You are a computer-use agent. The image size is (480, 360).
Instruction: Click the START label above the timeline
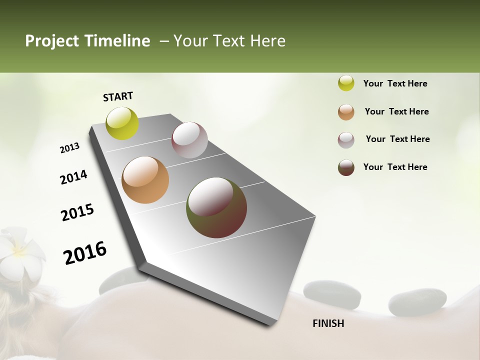[x=118, y=96]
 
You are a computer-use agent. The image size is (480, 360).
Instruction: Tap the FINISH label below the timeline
[x=328, y=323]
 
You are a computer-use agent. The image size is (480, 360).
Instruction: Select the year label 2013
[x=70, y=148]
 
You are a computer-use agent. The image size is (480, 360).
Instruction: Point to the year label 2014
[x=74, y=177]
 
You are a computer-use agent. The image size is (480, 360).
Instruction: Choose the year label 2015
[x=77, y=212]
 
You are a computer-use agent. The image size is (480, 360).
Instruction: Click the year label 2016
[x=85, y=253]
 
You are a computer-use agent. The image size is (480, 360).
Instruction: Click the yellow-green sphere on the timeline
[x=122, y=123]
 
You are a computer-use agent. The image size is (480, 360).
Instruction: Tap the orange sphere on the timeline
[x=145, y=180]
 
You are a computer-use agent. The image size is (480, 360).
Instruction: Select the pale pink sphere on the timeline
[x=189, y=140]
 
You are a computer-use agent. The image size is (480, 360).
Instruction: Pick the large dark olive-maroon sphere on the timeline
[x=216, y=207]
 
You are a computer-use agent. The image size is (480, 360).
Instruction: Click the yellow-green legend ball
[x=346, y=83]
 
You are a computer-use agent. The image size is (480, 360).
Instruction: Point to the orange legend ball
[x=346, y=112]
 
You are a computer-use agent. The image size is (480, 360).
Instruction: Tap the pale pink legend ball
[x=346, y=140]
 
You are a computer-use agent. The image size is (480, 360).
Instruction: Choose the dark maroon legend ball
[x=346, y=167]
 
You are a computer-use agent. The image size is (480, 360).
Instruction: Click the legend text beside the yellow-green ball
[x=395, y=83]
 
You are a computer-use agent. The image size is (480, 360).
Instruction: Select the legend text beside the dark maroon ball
[x=395, y=167]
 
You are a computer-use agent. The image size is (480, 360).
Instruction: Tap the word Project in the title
[x=51, y=41]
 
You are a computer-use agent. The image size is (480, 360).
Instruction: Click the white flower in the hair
[x=20, y=252]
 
